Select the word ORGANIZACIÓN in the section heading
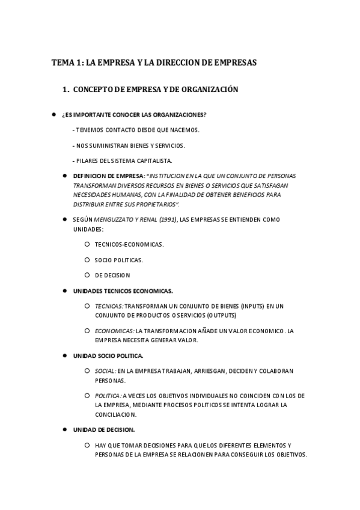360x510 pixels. pos(210,90)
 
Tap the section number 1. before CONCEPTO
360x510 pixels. pos(66,90)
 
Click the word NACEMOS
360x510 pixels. pos(186,130)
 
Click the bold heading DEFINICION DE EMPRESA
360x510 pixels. pos(109,176)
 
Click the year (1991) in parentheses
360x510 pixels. pos(166,220)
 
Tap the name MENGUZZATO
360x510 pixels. pos(115,220)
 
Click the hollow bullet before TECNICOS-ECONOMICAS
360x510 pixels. pos(88,244)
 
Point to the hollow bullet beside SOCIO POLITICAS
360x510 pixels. pos(88,260)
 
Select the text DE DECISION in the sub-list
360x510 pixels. pos(112,275)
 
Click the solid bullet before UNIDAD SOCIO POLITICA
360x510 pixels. pos(66,355)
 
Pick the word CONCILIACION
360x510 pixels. pos(115,414)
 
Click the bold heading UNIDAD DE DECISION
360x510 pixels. pos(103,429)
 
